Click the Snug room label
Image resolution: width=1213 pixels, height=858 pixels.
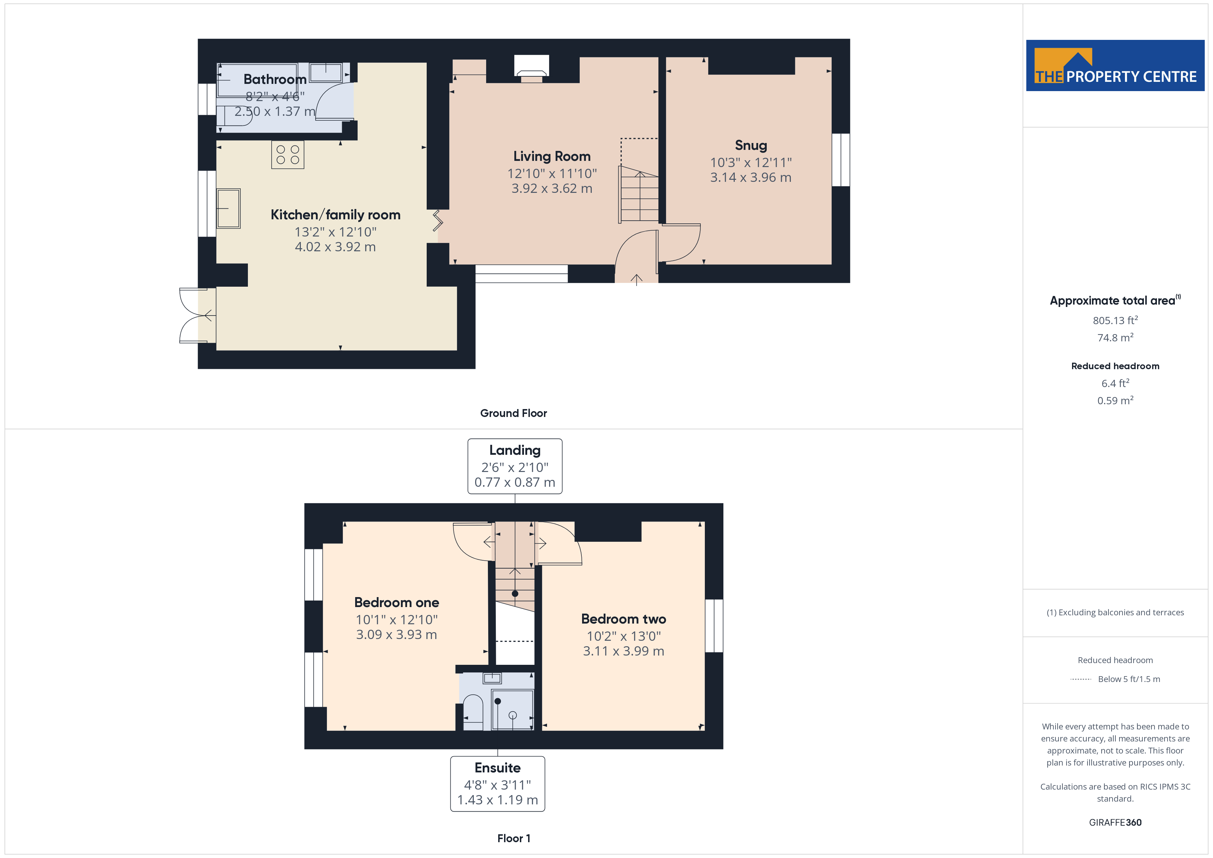tap(751, 145)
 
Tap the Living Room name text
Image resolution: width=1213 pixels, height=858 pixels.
tap(551, 156)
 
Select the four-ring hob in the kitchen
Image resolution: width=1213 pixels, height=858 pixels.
tap(287, 154)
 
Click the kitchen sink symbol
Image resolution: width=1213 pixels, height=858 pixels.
tap(229, 208)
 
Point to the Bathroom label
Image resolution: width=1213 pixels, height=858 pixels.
tap(275, 79)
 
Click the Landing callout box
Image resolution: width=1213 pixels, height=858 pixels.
tap(515, 466)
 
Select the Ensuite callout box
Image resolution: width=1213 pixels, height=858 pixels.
tap(497, 783)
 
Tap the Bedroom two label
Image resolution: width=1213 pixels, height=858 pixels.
tap(623, 619)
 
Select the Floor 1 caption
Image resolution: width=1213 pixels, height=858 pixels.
tap(514, 838)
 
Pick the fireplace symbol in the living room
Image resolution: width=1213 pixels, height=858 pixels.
tap(532, 69)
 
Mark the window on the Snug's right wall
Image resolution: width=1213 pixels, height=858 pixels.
tap(841, 159)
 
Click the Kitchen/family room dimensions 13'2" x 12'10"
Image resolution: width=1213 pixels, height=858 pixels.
tap(336, 232)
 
